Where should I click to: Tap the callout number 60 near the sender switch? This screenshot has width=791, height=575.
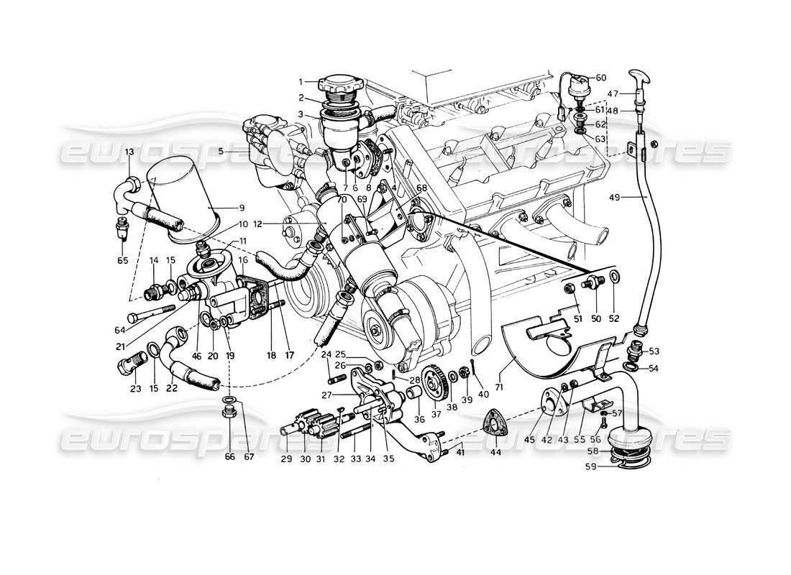click(601, 78)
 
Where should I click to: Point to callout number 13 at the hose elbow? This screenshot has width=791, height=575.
click(129, 152)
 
